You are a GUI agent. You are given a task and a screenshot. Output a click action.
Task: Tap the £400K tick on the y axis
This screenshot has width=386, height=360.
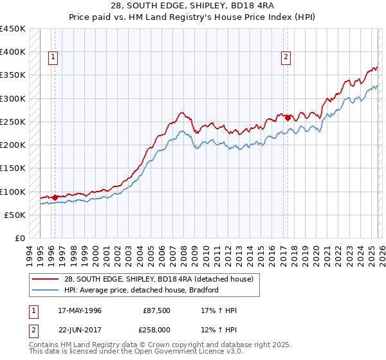(x=13, y=52)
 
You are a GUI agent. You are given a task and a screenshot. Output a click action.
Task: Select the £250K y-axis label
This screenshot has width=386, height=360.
(x=13, y=122)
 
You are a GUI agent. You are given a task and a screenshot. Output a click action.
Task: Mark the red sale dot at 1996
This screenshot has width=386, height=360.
(x=55, y=197)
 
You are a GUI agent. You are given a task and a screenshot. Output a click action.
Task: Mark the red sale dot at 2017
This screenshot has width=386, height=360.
(x=288, y=118)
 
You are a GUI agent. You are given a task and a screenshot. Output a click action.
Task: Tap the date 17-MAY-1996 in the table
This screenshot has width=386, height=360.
(x=79, y=310)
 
